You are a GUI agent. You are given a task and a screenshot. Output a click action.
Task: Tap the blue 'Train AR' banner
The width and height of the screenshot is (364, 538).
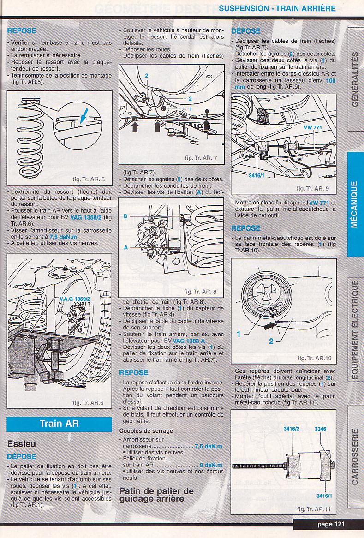(x=59, y=424)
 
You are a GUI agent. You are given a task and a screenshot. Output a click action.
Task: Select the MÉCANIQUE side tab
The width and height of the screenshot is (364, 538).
(x=354, y=203)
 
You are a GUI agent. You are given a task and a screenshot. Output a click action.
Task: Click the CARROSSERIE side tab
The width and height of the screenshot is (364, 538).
(x=354, y=457)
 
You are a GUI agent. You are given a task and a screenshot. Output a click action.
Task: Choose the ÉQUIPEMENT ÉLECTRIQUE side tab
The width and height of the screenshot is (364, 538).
(x=354, y=329)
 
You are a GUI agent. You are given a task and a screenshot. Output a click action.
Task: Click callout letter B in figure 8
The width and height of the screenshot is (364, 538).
(x=125, y=216)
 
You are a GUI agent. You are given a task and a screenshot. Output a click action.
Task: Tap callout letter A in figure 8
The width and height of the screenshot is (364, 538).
(x=125, y=247)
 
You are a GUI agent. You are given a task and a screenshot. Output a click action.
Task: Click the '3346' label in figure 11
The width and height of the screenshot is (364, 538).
(x=320, y=429)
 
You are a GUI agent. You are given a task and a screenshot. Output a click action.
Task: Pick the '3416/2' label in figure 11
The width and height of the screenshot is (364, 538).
(x=292, y=429)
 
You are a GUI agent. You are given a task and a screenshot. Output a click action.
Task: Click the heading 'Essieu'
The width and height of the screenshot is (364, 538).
(x=22, y=444)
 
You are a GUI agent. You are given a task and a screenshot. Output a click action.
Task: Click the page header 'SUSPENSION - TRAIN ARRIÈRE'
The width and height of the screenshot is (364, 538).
(x=277, y=8)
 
